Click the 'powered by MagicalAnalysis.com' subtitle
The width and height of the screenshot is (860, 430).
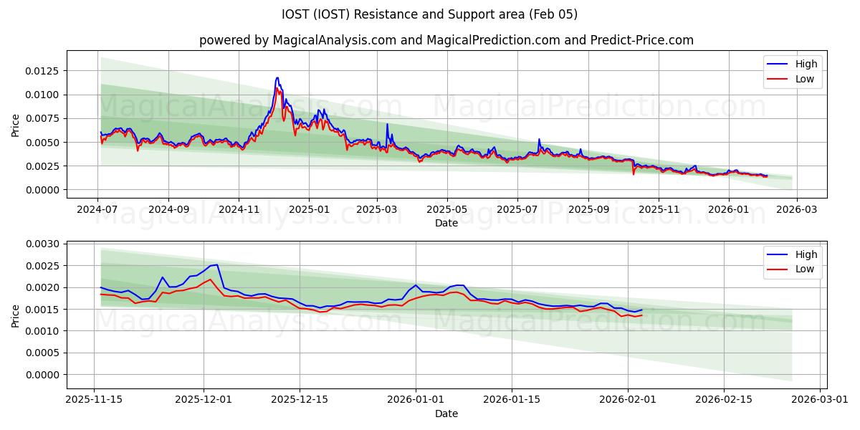tap(446, 40)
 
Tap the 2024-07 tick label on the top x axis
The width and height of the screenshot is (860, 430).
tap(98, 209)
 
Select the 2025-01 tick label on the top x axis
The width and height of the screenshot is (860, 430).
tap(308, 209)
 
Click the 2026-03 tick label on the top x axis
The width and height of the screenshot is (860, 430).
tap(797, 209)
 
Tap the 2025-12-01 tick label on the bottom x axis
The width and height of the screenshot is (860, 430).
tap(204, 400)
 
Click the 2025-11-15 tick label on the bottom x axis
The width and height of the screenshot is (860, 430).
tap(95, 400)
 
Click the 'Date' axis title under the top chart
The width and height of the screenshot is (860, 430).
tap(446, 223)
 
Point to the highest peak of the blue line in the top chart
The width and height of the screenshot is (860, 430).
tap(277, 77)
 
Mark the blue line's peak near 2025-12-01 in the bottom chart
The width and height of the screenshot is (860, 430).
tap(216, 264)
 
